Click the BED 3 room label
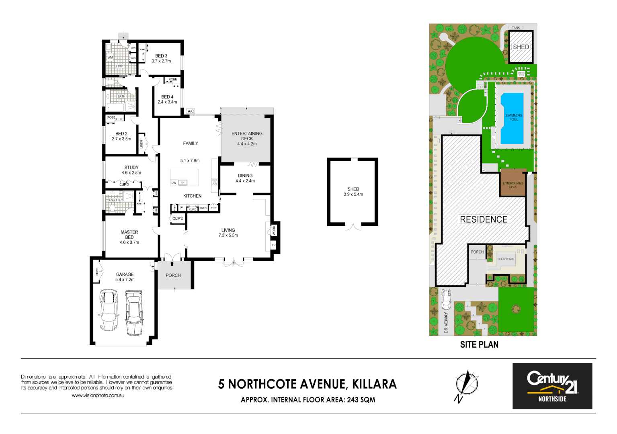(x=161, y=58)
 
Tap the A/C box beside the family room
(x=191, y=111)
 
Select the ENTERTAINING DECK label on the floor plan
(x=247, y=138)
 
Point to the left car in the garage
(x=109, y=310)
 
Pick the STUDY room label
(x=131, y=170)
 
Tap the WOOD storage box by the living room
(x=274, y=230)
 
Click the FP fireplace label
(x=274, y=245)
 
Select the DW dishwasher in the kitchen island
(x=174, y=182)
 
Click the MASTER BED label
(x=129, y=237)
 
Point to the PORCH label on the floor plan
(x=173, y=275)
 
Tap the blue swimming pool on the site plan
(x=512, y=118)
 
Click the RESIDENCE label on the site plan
(x=484, y=219)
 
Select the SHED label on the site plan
(x=521, y=47)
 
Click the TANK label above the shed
(x=516, y=28)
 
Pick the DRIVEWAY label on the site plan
(x=446, y=322)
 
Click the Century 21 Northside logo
(x=552, y=386)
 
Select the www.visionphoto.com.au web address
(x=98, y=395)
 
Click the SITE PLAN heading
(x=479, y=344)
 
